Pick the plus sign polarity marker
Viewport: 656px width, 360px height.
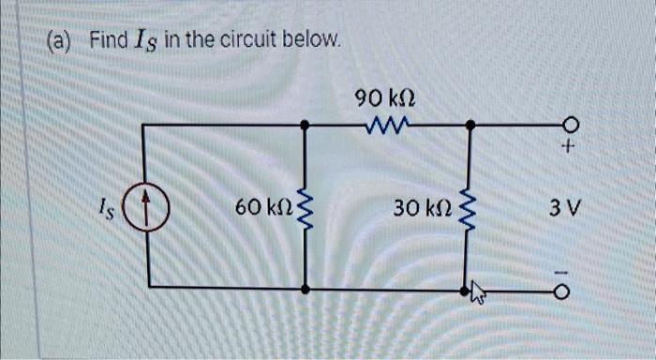click(x=568, y=148)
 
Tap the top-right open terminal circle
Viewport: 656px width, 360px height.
click(x=568, y=124)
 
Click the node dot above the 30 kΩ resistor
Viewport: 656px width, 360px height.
click(x=469, y=124)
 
